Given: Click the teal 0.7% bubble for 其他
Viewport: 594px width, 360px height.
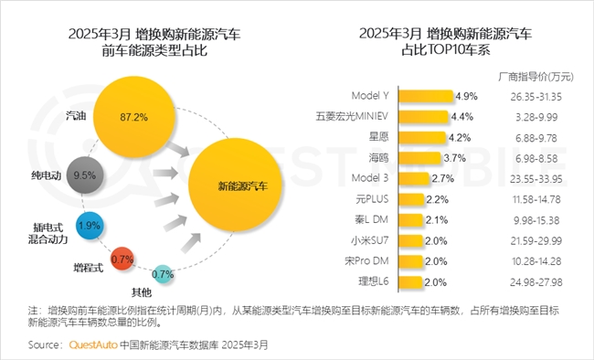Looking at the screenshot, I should [x=162, y=273].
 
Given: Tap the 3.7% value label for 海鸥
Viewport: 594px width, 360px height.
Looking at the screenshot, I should [x=454, y=158].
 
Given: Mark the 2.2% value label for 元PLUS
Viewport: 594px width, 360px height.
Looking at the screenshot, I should [x=437, y=198].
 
